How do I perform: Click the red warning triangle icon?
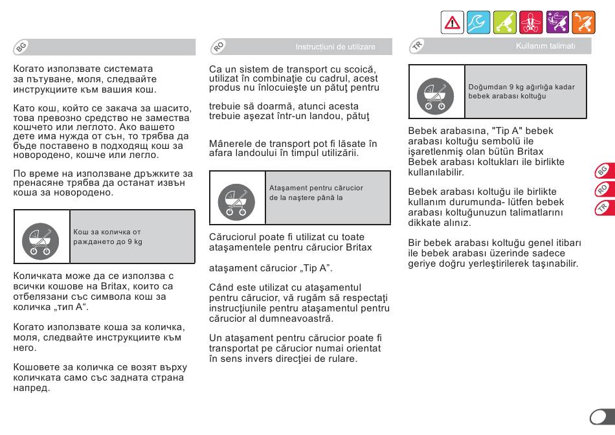[x=452, y=23]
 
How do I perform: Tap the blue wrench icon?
[x=478, y=23]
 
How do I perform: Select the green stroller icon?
[x=505, y=23]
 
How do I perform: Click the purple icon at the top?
[x=557, y=23]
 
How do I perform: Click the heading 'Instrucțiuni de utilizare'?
[x=335, y=47]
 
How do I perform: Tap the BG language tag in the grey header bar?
[x=21, y=47]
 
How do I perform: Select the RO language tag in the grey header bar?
[x=219, y=47]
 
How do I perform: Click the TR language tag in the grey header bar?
[x=418, y=46]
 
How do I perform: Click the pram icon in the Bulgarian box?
[x=41, y=238]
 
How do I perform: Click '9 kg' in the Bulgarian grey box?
[x=134, y=241]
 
